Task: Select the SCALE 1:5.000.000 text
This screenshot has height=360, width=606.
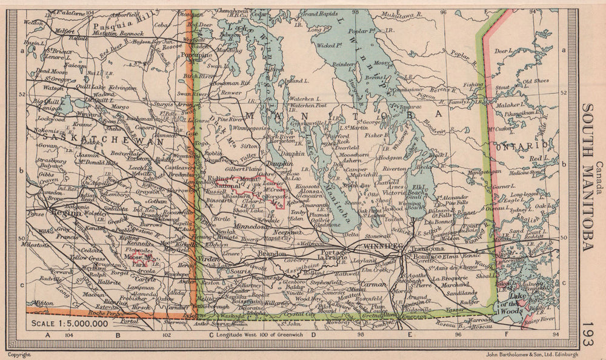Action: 68,323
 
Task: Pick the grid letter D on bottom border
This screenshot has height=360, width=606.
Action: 313,334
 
